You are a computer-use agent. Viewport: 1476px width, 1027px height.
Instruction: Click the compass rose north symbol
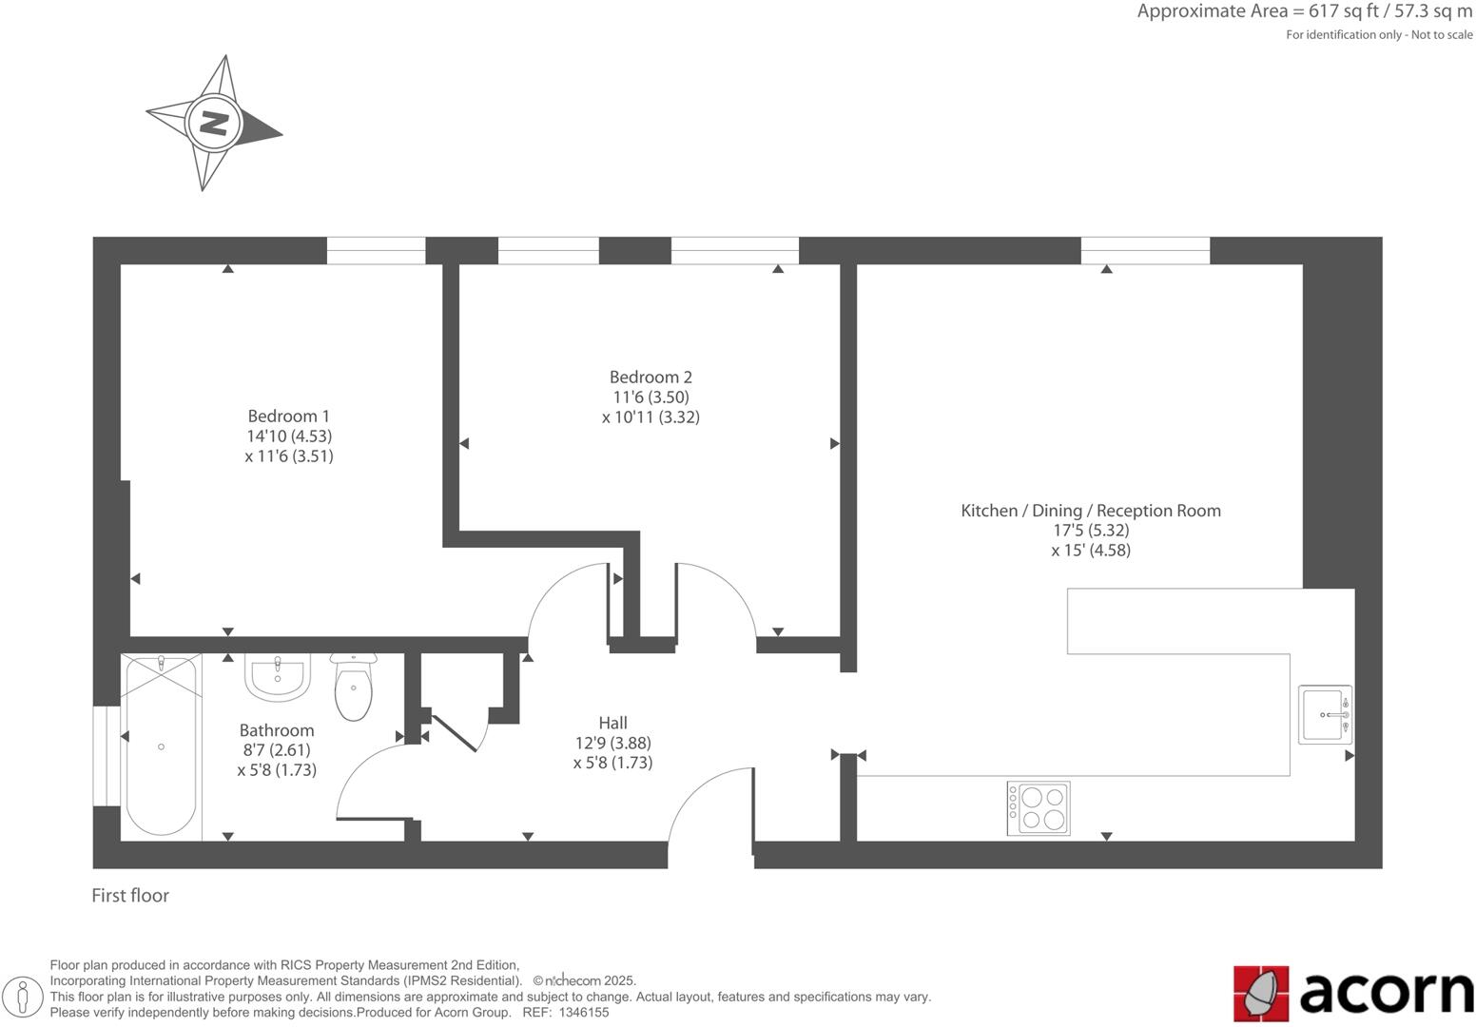click(214, 124)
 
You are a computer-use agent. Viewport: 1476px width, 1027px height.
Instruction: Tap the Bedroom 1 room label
click(288, 416)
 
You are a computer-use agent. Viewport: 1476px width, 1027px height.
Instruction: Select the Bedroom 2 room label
click(651, 377)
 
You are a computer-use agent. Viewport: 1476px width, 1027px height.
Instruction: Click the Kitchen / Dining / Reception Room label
click(1090, 511)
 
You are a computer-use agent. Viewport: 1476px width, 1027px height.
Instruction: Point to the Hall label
click(612, 723)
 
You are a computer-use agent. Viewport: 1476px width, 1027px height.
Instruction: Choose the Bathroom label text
click(276, 730)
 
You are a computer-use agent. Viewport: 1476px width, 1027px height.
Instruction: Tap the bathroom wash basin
click(278, 676)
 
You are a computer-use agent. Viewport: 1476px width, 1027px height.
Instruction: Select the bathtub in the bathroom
click(161, 746)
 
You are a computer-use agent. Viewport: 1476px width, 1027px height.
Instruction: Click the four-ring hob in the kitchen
click(1039, 808)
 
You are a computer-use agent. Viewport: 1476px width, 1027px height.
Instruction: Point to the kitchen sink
click(1325, 714)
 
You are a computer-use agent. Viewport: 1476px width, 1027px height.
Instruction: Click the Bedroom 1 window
click(376, 250)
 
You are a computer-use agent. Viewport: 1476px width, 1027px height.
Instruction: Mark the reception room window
click(1145, 250)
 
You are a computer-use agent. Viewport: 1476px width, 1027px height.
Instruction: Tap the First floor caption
click(130, 895)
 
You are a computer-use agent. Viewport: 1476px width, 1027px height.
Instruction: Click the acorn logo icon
click(1260, 994)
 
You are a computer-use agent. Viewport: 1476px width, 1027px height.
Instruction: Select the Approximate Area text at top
click(1304, 11)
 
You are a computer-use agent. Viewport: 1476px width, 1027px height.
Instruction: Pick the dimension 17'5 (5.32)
click(1090, 531)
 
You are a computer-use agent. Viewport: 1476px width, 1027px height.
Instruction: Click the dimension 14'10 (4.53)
click(288, 436)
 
